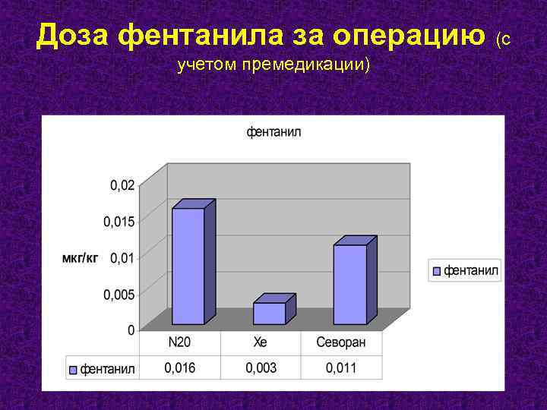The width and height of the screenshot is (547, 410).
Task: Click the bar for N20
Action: (188, 266)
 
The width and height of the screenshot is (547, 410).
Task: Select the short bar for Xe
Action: (270, 313)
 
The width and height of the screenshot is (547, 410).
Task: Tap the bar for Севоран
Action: (350, 284)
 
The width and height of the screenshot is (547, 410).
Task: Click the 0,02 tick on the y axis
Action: (122, 184)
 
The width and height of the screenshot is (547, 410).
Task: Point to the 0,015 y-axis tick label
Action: (119, 221)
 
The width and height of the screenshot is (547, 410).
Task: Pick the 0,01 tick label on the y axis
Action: (122, 257)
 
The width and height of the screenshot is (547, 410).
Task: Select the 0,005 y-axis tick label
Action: (119, 294)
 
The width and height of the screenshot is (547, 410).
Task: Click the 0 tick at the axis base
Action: (131, 330)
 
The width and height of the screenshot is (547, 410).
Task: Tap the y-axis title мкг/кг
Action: (80, 258)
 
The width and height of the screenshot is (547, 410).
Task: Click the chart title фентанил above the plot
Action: (273, 132)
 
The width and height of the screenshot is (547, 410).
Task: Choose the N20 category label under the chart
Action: (180, 342)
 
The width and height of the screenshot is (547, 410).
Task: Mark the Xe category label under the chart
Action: (261, 342)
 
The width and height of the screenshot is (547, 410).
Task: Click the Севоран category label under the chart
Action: (341, 342)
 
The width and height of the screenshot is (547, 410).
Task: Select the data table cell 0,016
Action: (180, 368)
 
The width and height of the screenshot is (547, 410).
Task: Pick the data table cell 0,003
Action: (261, 368)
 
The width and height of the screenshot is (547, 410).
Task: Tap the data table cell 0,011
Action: (341, 368)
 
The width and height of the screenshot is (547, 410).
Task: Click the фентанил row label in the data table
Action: (107, 369)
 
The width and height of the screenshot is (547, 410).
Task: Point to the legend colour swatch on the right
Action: (437, 270)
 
